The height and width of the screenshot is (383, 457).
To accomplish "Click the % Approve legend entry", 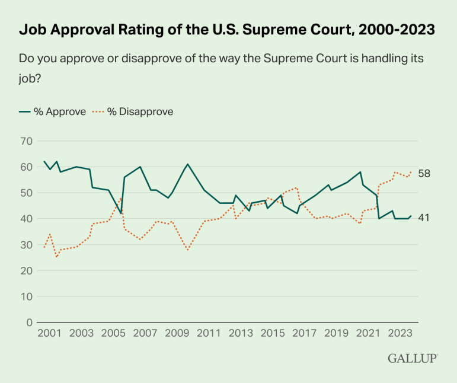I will coord(53,111).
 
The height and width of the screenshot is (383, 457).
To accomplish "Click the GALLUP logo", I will coord(413,358).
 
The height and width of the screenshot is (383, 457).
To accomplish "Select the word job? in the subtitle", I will coord(30,77).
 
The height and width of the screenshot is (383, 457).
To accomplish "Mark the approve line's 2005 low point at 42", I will coord(121,213).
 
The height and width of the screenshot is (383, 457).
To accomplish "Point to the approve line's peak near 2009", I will coord(187,164).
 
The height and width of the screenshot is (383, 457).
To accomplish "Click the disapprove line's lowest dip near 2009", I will coord(187,250).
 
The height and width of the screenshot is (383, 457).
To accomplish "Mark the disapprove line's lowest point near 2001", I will coord(56,257).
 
